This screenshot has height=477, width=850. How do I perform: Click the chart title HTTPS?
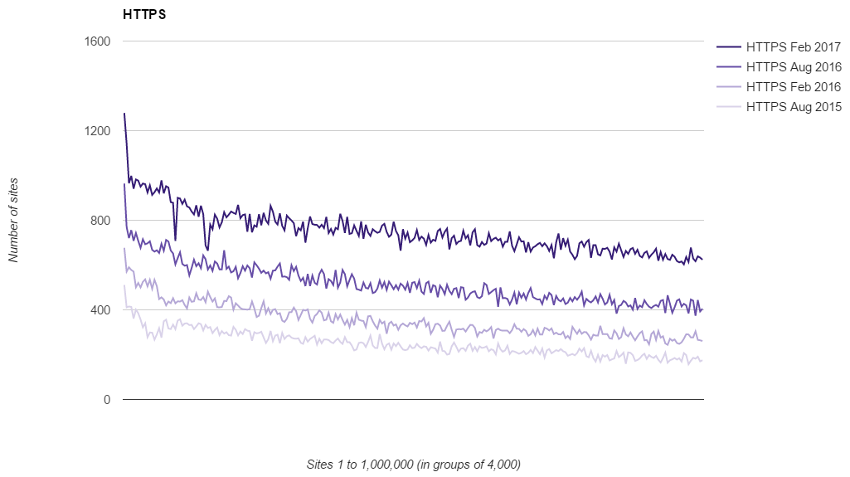click(x=143, y=15)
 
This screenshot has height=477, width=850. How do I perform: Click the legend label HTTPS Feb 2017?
click(x=794, y=47)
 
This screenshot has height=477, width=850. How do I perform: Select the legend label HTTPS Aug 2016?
click(x=794, y=67)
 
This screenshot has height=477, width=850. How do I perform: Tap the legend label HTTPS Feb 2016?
click(x=794, y=87)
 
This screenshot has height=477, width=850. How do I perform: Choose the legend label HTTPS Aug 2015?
click(x=794, y=107)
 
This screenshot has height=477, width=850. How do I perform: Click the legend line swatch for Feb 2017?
click(x=728, y=47)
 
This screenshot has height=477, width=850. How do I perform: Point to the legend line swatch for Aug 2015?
click(x=728, y=107)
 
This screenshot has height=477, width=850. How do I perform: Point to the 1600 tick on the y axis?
click(x=99, y=41)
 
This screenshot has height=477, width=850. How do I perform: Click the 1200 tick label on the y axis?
click(x=99, y=131)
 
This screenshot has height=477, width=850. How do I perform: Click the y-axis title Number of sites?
click(x=13, y=220)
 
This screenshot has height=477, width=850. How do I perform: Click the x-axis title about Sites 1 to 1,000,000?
click(x=413, y=464)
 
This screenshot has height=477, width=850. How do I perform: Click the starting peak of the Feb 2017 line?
click(x=124, y=114)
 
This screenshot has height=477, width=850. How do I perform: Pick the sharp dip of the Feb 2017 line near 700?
click(x=175, y=240)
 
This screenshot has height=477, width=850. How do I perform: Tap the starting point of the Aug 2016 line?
click(x=124, y=185)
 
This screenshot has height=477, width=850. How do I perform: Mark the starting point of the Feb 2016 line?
click(x=124, y=249)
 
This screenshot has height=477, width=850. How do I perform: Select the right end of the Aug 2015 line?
click(x=702, y=361)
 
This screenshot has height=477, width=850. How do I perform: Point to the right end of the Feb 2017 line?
click(x=702, y=260)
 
